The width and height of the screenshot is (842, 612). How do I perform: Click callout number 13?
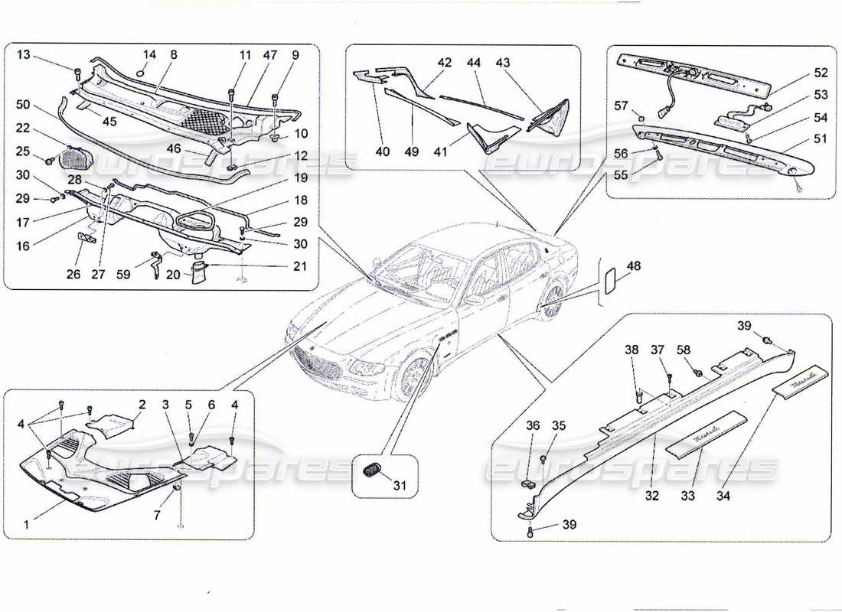[23, 54]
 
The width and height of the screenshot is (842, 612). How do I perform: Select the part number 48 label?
[634, 266]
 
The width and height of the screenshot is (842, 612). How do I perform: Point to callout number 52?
[821, 73]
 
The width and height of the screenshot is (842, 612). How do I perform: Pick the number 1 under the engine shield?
[27, 525]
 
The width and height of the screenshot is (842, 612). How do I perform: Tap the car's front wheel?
[414, 376]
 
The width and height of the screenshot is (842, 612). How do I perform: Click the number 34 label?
[723, 496]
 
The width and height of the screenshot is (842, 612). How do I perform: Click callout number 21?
[300, 266]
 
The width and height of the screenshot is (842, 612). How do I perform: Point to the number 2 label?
[142, 403]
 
